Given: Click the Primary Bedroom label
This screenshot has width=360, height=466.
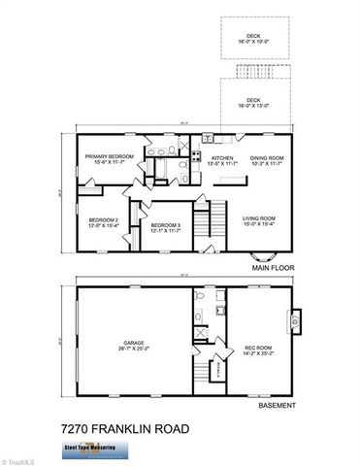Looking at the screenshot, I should (108, 158).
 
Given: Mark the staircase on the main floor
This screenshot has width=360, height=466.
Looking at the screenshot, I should (203, 229).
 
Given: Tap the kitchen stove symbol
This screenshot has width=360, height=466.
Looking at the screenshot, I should (195, 157).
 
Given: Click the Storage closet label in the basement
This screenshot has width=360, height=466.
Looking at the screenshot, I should (218, 368).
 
